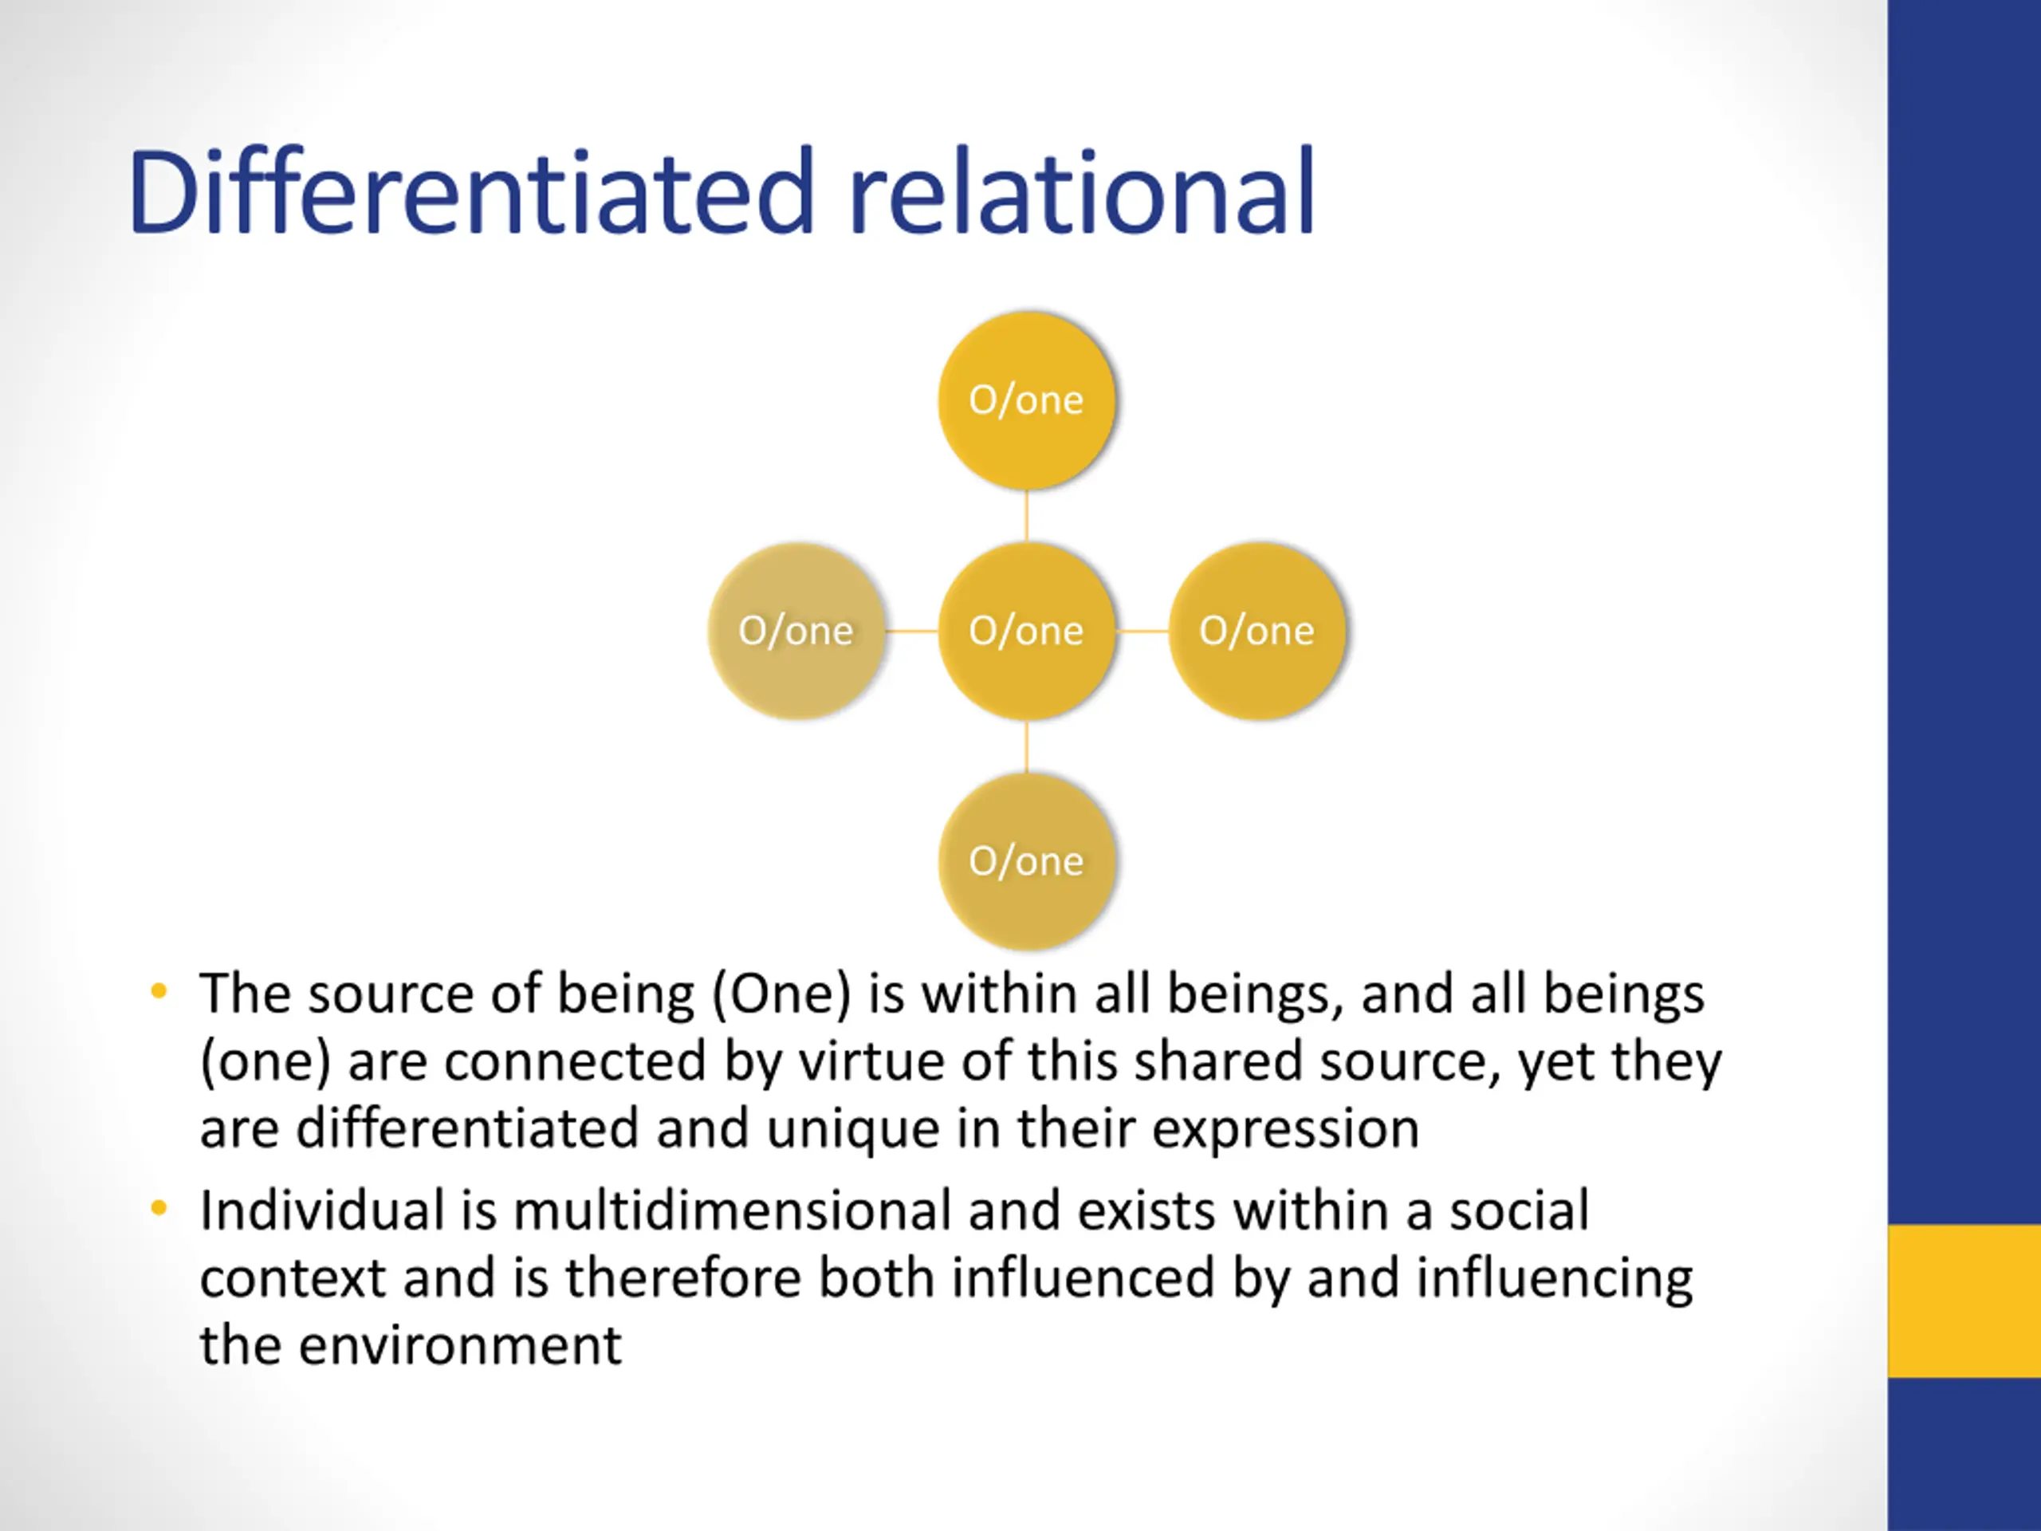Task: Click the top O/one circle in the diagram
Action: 1026,400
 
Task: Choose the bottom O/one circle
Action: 1026,861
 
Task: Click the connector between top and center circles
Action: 1026,516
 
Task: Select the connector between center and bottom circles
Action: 1026,746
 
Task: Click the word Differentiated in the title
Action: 471,193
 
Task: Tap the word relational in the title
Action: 1080,193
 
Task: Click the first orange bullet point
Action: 159,992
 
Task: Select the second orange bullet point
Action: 159,1208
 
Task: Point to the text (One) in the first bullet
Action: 781,995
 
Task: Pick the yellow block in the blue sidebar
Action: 1964,1301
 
